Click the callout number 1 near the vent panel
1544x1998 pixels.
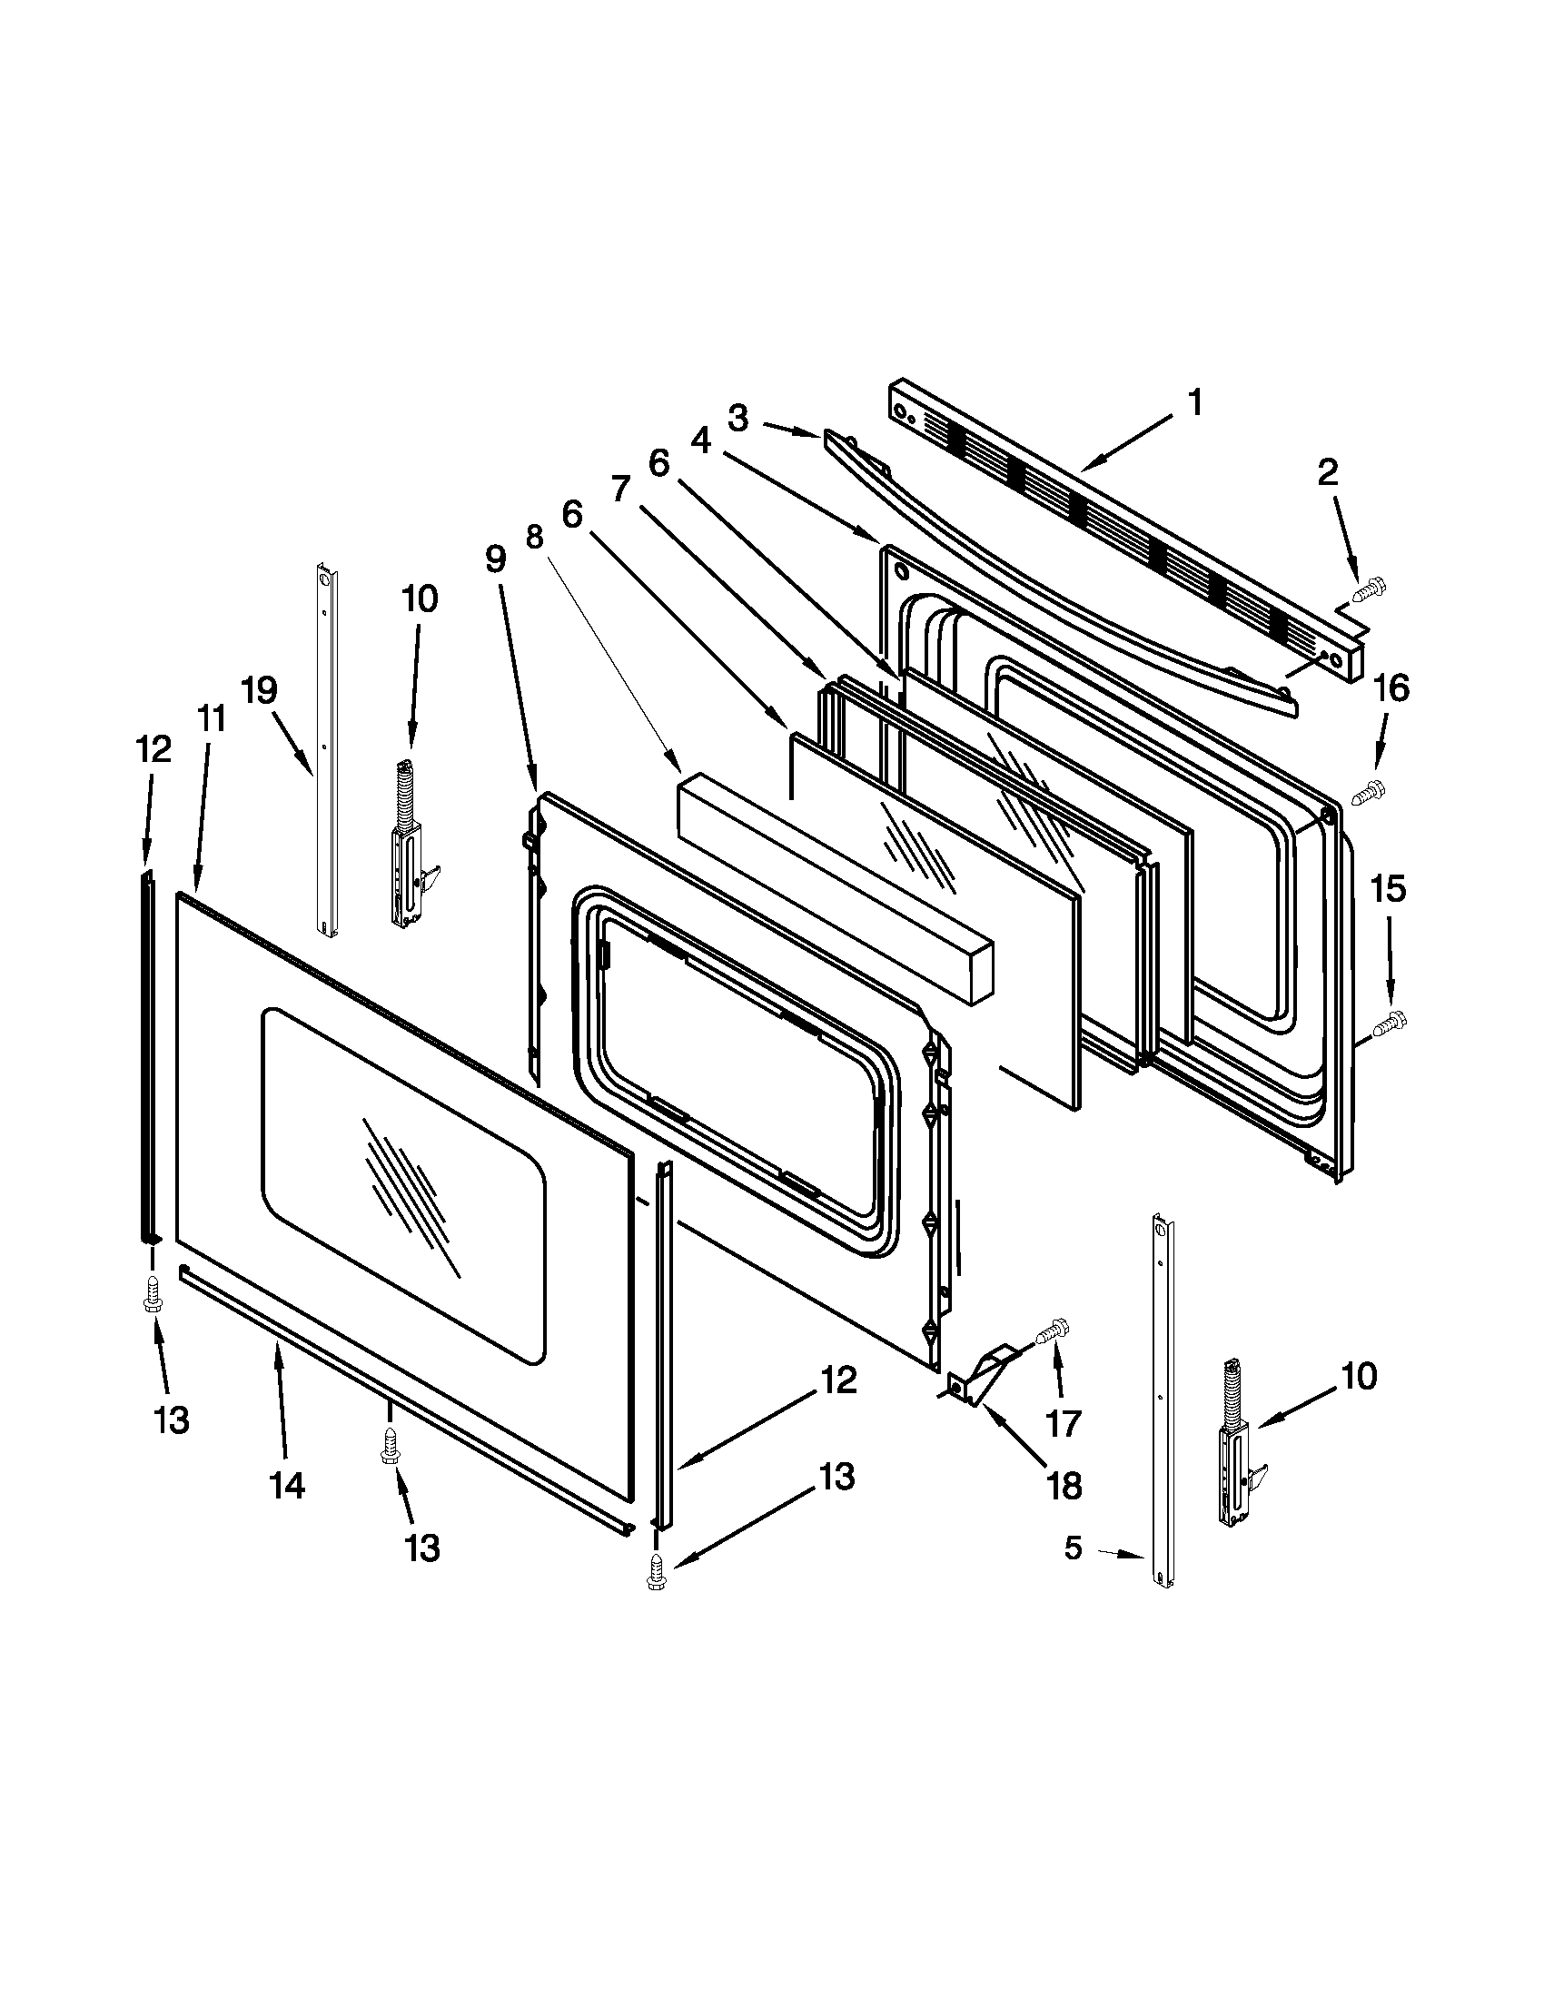1194,402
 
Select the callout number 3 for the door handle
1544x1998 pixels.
738,419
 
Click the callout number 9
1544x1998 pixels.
495,558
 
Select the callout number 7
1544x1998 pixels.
620,490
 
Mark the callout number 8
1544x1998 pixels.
534,535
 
